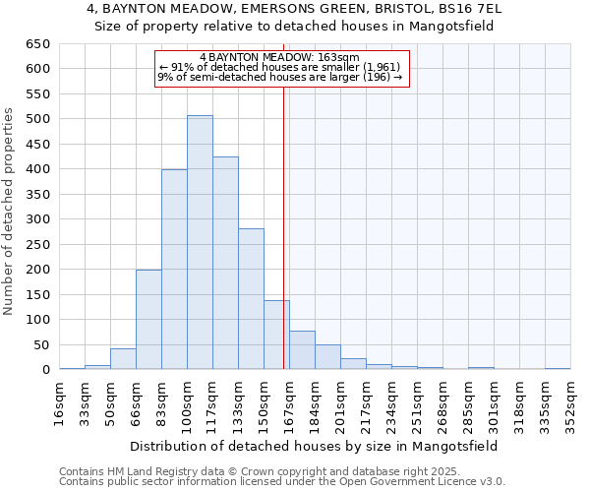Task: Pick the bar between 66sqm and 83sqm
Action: coord(148,319)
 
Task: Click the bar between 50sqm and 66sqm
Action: coord(123,359)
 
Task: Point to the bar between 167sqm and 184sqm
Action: coord(302,350)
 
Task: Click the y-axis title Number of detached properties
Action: coord(10,212)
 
